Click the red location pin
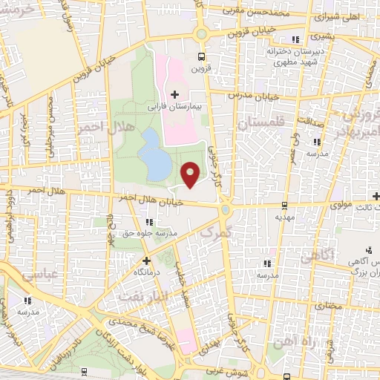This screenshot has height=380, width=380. click(x=191, y=174)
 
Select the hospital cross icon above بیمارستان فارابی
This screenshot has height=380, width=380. click(x=175, y=94)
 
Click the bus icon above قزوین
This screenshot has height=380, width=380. click(x=201, y=56)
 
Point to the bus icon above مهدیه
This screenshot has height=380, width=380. click(x=285, y=207)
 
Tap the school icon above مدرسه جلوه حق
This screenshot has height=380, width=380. click(x=150, y=221)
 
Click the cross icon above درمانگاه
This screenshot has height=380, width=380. click(x=146, y=261)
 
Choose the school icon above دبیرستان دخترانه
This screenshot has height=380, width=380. click(x=296, y=39)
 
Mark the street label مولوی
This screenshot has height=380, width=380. click(x=342, y=203)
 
